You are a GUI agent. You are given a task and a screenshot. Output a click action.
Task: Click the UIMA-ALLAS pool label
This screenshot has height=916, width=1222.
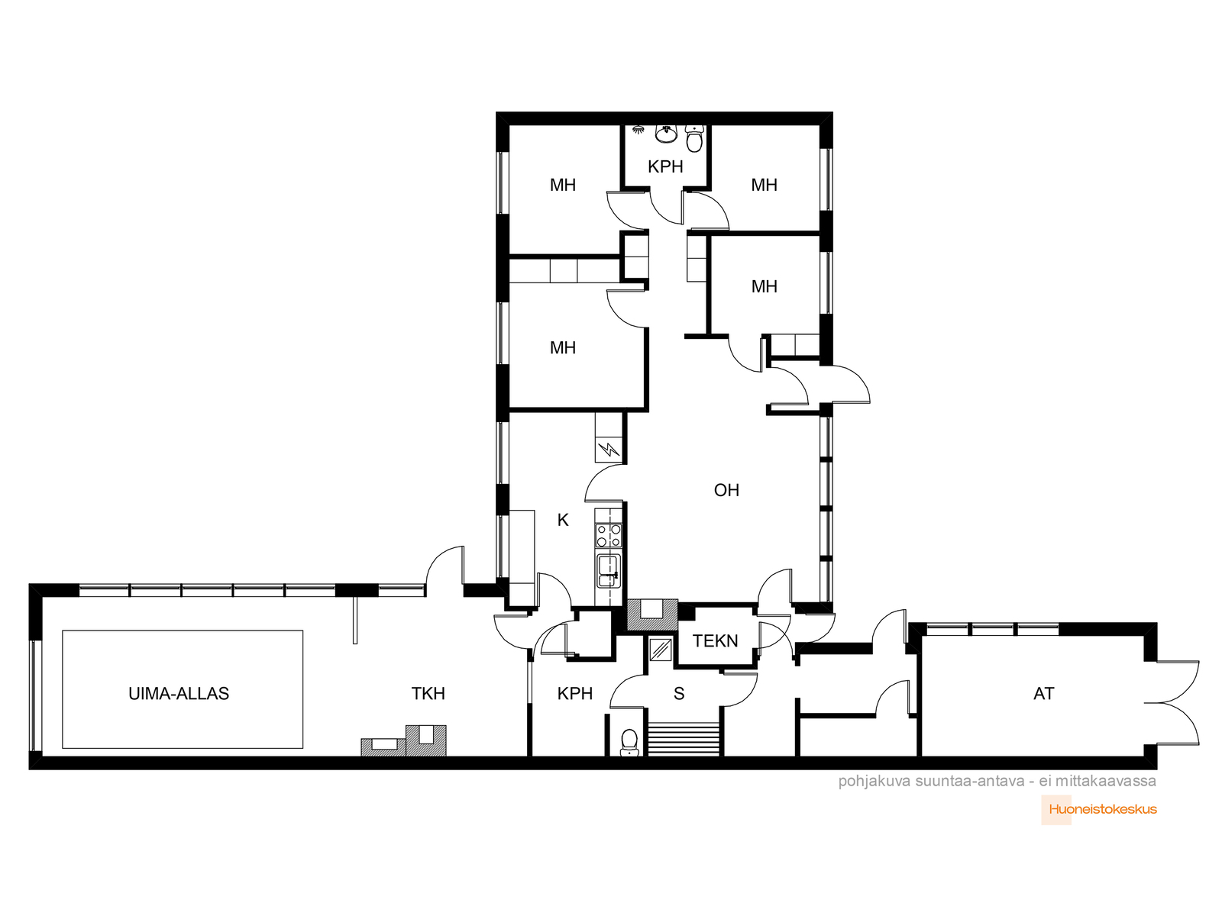coord(179,694)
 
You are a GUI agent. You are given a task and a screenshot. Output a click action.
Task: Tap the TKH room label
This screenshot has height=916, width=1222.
coord(428,694)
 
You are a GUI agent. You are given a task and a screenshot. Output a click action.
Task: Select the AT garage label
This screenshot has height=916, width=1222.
coord(1044,694)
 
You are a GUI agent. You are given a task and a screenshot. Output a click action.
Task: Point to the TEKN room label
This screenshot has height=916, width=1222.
coord(716,640)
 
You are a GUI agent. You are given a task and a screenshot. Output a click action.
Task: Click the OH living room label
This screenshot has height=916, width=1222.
coord(726,490)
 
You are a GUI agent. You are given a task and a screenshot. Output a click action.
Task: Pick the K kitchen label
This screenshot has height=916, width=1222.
coord(563,520)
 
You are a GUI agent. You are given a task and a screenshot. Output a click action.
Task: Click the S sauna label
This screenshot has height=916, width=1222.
coord(679,694)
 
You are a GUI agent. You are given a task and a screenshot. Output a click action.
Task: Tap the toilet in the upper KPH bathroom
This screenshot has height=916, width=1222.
coord(695,138)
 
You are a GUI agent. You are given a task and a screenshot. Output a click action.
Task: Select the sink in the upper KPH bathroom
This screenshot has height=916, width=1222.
coord(665,134)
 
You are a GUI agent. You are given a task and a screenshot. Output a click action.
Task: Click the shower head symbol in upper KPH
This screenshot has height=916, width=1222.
coord(638,130)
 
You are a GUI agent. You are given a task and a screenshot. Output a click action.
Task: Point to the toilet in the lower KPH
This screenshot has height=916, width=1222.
coord(629,743)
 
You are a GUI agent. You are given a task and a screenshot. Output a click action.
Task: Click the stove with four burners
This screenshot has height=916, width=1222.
coord(609,536)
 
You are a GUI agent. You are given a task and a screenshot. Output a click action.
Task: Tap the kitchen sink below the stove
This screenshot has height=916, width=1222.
coord(608,571)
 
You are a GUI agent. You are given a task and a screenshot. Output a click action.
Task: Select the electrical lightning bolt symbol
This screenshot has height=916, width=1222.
coord(609,449)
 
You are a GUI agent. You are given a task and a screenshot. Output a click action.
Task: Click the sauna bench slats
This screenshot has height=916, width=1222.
coord(684,739)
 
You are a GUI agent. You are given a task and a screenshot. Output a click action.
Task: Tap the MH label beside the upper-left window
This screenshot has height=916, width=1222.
coord(563,185)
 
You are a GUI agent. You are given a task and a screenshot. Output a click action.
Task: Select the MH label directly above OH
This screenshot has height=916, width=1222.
coord(765,287)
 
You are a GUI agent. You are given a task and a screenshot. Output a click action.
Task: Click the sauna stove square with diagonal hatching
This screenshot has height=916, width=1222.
coord(661,650)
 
